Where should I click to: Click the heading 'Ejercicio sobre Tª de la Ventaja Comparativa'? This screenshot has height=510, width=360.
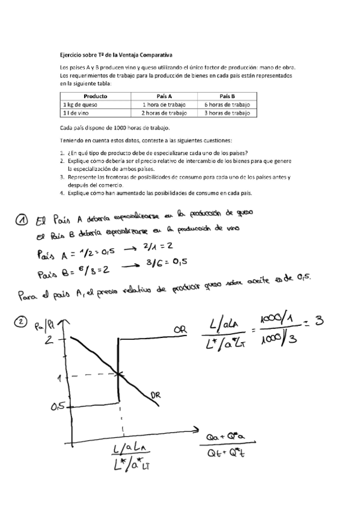point(115,55)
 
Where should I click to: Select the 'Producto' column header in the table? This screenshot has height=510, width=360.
point(96,96)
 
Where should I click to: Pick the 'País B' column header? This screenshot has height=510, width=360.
point(227,96)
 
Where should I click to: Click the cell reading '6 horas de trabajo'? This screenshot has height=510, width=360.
point(227,104)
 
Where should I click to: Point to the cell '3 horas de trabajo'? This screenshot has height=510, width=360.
point(227,112)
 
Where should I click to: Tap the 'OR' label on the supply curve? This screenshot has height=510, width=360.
point(179,331)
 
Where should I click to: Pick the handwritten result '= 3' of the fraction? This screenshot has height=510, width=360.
point(315,322)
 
